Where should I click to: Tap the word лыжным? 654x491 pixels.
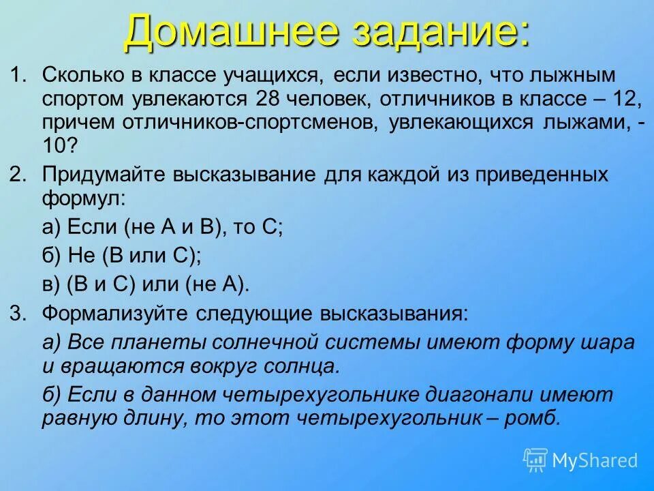point(579,73)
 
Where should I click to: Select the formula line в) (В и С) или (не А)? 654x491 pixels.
point(146,284)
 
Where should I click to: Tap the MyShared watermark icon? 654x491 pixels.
point(535,459)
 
